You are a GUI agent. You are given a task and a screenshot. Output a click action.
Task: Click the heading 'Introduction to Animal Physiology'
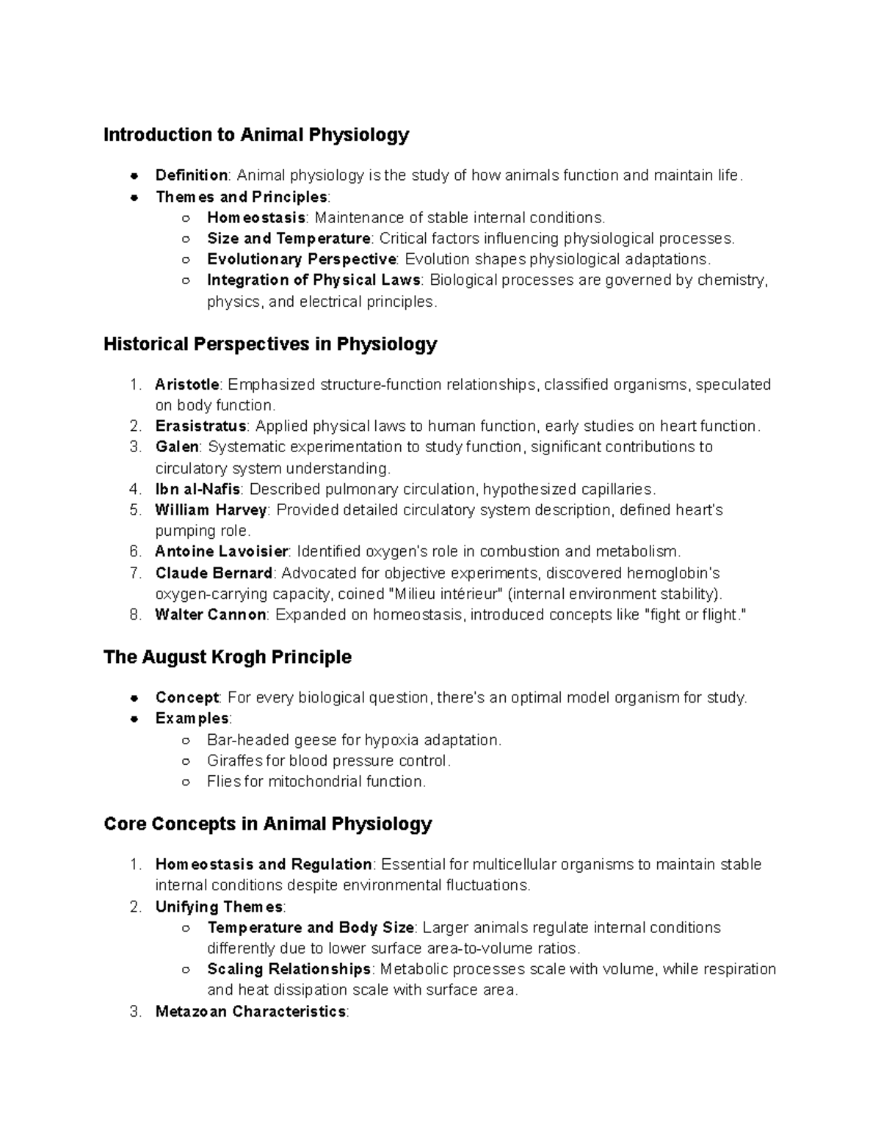[x=256, y=135]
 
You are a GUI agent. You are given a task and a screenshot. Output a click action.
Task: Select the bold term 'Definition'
[x=191, y=175]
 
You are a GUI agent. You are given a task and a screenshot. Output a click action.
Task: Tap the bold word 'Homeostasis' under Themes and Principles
[x=255, y=218]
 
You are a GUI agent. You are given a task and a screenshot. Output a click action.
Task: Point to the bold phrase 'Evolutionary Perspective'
[x=301, y=259]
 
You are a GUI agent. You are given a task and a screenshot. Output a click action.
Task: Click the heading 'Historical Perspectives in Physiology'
[x=270, y=344]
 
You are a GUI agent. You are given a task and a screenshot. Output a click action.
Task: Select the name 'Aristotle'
[x=186, y=385]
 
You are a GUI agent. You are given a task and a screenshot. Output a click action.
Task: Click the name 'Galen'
[x=176, y=447]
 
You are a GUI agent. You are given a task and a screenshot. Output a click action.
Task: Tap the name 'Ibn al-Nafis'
[x=197, y=490]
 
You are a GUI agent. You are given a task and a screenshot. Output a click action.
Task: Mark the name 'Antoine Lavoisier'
[x=222, y=552]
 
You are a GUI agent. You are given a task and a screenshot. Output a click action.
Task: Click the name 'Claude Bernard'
[x=214, y=573]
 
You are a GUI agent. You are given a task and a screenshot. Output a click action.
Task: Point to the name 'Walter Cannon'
[x=210, y=615]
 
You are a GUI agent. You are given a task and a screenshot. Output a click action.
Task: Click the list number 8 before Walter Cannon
[x=134, y=615]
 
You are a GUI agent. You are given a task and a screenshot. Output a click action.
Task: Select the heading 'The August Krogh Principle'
[x=228, y=657]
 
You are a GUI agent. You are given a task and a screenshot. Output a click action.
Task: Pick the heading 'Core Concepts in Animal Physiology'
[x=267, y=824]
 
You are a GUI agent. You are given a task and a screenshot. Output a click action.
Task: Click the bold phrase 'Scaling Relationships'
[x=289, y=969]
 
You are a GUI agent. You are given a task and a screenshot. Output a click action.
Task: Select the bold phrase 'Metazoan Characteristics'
[x=250, y=1012]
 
